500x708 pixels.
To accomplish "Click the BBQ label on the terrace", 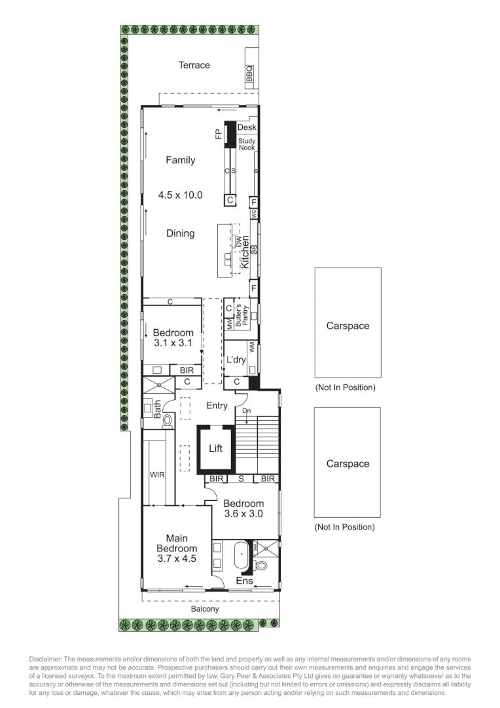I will tap(249, 77).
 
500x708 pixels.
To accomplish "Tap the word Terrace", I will tap(194, 65).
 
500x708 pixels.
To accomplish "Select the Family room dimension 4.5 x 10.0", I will tap(181, 195).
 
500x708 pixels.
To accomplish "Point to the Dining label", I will tap(180, 233).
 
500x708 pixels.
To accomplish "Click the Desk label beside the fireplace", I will tap(247, 127).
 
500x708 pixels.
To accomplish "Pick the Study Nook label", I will tap(247, 144).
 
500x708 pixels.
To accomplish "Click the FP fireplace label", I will tap(219, 134).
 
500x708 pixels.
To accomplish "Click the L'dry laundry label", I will tap(236, 360).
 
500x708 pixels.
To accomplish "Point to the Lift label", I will tap(216, 448).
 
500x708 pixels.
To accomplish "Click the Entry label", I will tap(217, 406).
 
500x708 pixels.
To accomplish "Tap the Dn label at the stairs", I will tap(246, 410).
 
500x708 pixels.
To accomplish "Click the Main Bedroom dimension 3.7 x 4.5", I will tap(177, 559).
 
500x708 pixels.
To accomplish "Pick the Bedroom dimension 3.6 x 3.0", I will tap(243, 514).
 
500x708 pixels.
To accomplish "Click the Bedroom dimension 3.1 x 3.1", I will tap(173, 343).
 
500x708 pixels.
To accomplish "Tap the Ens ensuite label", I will tap(243, 581).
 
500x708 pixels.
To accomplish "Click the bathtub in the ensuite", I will tap(241, 555).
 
